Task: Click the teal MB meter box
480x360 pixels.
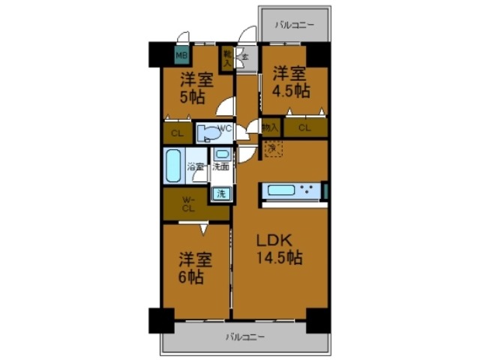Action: [181, 54]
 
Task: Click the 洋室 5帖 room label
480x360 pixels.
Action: [196, 87]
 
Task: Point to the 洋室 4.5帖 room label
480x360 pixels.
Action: [290, 81]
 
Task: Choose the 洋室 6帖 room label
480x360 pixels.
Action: [195, 268]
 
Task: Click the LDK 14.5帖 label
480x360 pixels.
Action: [280, 250]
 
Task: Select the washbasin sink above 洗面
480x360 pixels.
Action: [222, 155]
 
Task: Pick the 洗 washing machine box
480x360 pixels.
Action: [221, 193]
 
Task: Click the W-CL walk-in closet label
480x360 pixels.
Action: [188, 204]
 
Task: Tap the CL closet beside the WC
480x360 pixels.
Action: [177, 134]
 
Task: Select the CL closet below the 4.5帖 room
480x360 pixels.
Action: [304, 128]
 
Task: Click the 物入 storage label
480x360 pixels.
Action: [271, 128]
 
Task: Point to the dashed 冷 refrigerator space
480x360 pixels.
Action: [271, 149]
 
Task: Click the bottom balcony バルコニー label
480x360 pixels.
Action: [245, 337]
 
